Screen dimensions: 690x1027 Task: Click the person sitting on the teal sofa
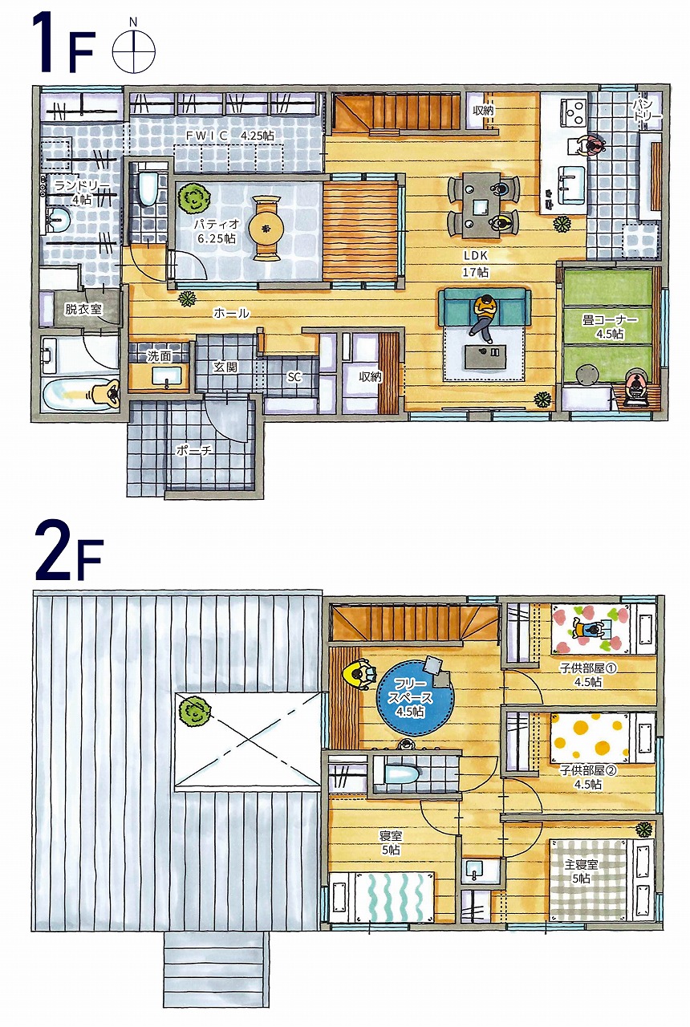[x=483, y=317]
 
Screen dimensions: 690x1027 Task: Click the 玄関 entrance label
[x=225, y=367]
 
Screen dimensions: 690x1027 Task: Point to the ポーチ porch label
[x=194, y=450]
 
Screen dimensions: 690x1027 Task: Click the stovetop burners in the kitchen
[x=574, y=110]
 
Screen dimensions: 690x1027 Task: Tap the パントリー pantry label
[x=647, y=109]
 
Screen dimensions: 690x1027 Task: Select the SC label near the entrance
[x=294, y=377]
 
